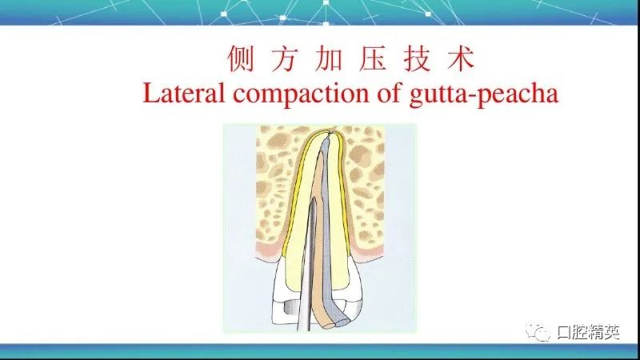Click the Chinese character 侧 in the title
point(241,58)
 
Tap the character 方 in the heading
point(285,58)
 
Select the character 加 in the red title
point(329,58)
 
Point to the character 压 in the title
point(373,58)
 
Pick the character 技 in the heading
point(417,58)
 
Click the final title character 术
point(461,58)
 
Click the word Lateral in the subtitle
point(184,93)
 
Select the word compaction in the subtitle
point(302,95)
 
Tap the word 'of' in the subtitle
point(390,93)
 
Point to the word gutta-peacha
point(484,95)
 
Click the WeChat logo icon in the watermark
point(538,332)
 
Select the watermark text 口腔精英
point(588,332)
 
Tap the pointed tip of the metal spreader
point(314,198)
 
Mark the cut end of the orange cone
point(328,325)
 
